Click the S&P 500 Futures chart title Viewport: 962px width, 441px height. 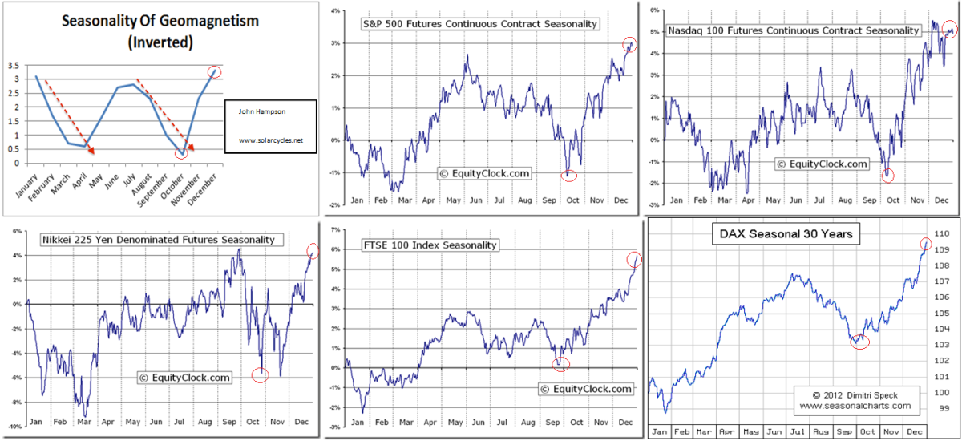pos(469,24)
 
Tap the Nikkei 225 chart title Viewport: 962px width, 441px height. pos(158,239)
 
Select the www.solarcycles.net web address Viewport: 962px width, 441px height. pos(271,140)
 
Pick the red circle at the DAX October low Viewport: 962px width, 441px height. pos(859,341)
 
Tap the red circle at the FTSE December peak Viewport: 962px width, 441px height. pos(633,259)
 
